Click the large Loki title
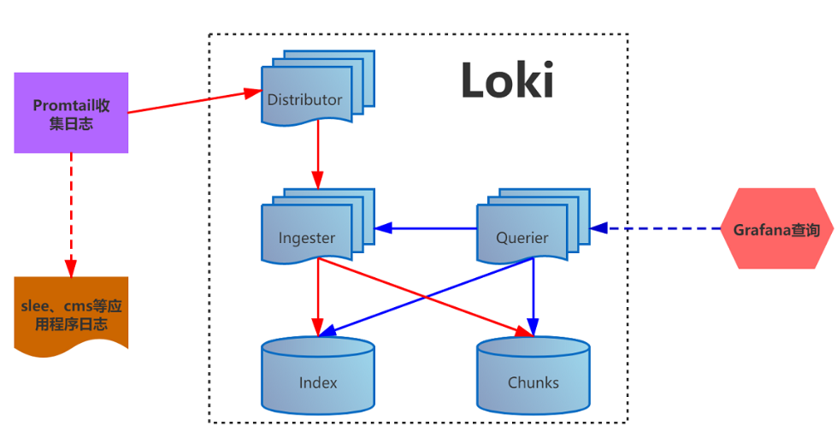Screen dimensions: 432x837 coord(507,81)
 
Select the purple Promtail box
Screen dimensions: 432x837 coord(71,113)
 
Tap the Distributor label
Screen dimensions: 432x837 coord(304,99)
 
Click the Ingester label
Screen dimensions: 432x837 coord(307,238)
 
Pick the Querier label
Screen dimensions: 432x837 coord(522,238)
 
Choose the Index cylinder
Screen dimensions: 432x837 coord(318,376)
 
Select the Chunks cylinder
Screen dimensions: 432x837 coord(533,376)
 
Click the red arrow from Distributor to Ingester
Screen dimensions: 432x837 coord(318,154)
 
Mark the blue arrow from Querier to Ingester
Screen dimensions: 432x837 coord(427,228)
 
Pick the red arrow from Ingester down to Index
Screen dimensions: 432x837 coord(318,295)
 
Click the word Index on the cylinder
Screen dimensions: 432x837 coord(318,382)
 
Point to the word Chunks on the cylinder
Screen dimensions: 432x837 coord(533,382)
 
